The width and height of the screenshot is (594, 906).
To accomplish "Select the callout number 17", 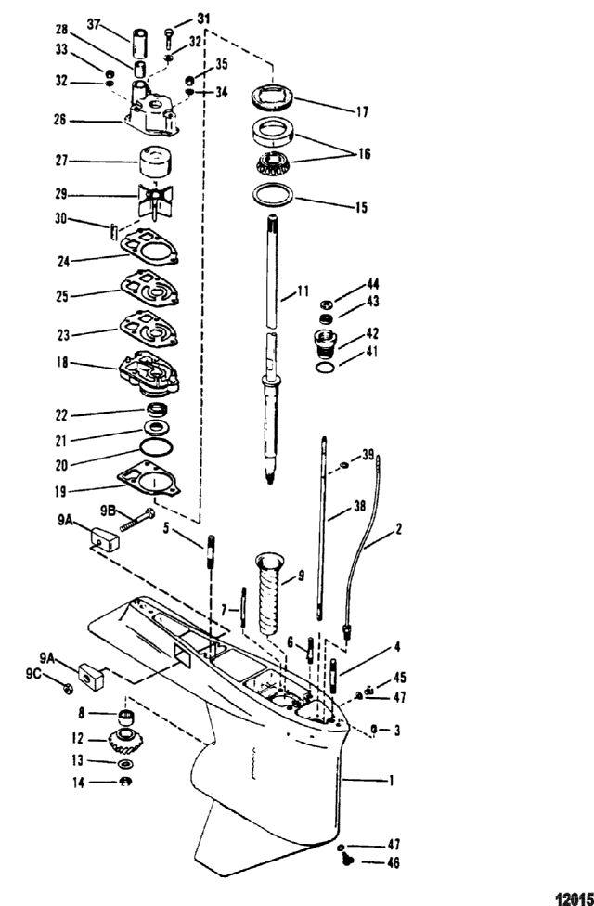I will click(360, 111).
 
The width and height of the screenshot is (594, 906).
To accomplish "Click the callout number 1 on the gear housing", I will click(391, 782).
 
